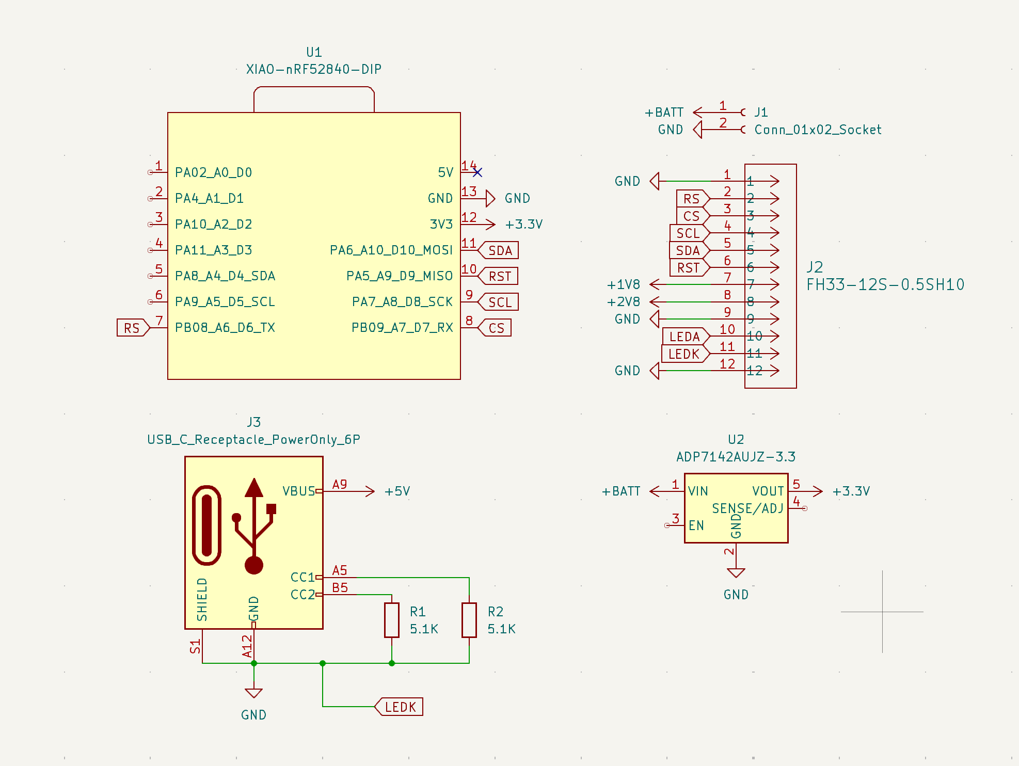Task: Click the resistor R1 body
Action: coord(392,620)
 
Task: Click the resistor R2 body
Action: coord(469,620)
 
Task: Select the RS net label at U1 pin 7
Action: coord(132,328)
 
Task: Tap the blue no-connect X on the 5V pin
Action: coord(477,172)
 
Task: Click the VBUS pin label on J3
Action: coord(298,491)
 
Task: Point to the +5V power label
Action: coord(397,491)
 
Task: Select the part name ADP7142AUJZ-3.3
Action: coord(736,457)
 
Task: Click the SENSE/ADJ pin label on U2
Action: coord(747,508)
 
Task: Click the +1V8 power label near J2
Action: coord(624,284)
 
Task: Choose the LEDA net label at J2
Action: coord(684,337)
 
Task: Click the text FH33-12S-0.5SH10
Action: coord(885,284)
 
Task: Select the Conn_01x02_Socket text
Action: coord(818,130)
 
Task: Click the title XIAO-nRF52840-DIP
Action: coord(314,69)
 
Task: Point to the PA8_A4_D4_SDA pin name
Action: coord(225,276)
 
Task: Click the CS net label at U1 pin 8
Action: coord(496,328)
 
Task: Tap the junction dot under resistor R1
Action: coord(392,663)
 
